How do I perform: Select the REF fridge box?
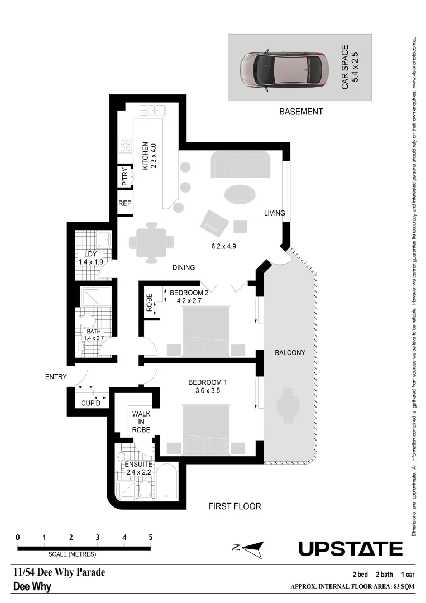(125, 204)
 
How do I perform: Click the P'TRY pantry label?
(125, 177)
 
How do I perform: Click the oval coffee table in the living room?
(240, 194)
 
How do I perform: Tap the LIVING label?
(275, 213)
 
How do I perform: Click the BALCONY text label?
(290, 353)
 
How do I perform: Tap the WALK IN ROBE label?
(141, 422)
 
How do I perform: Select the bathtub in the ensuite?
(167, 483)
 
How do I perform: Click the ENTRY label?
(56, 377)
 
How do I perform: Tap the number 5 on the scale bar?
(151, 537)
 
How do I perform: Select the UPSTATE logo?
(350, 549)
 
